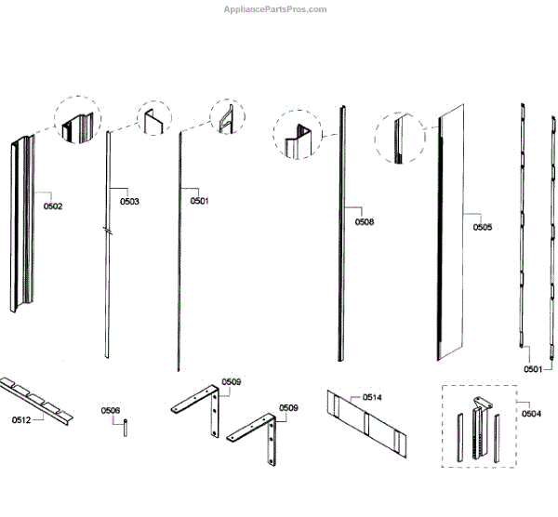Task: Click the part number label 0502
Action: pos(53,205)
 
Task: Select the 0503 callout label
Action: pos(129,201)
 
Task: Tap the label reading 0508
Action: pos(365,222)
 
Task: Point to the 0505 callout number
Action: pos(483,227)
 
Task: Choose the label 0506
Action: pos(110,410)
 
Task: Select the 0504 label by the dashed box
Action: pos(532,413)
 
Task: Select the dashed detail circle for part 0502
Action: pos(76,119)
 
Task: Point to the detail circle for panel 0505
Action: pos(399,139)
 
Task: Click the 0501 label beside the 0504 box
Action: pos(531,369)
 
